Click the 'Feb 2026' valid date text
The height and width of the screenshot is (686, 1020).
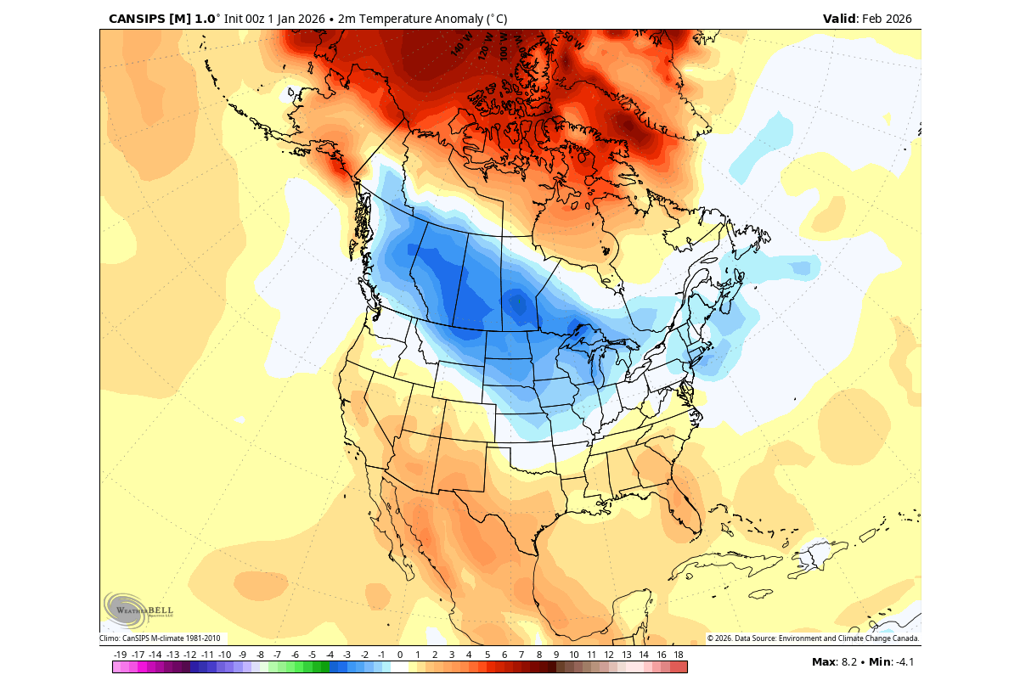pyautogui.click(x=887, y=19)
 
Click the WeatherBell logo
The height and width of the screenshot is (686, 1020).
pyautogui.click(x=138, y=609)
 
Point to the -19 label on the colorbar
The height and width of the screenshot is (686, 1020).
pyautogui.click(x=121, y=655)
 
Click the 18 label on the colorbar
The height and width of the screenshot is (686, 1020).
pyautogui.click(x=679, y=655)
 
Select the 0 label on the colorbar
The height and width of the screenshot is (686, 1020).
pyautogui.click(x=399, y=655)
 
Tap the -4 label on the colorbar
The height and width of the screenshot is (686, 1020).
pyautogui.click(x=330, y=655)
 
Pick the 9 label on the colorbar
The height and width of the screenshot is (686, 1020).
pyautogui.click(x=556, y=655)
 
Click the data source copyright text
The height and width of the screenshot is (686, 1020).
pyautogui.click(x=813, y=638)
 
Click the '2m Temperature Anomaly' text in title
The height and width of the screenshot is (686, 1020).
pyautogui.click(x=413, y=19)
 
